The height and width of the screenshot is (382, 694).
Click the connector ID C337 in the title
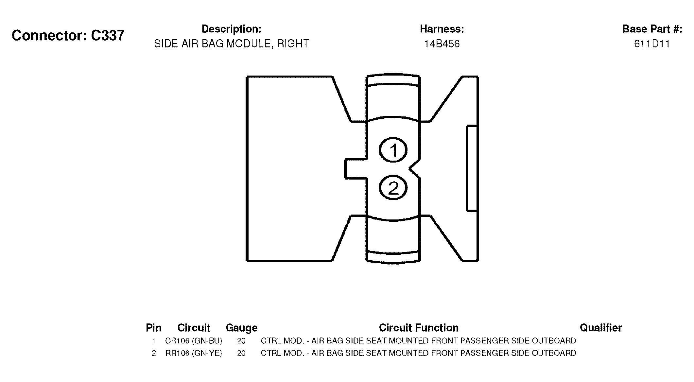point(108,35)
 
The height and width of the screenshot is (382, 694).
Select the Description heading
point(231,29)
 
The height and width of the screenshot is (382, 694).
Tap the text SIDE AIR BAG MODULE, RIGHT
point(231,44)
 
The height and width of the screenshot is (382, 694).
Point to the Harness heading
point(442,29)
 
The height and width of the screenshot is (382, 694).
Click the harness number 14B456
point(442,44)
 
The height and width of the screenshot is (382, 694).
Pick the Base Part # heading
point(652,29)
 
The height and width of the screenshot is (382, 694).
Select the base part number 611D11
point(652,44)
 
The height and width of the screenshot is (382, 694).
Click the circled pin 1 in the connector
point(393,150)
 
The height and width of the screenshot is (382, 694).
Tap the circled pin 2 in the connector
point(393,188)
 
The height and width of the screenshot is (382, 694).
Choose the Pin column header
point(153,328)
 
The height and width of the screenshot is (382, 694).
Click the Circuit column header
point(194,328)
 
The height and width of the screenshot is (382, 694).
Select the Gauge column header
point(241,328)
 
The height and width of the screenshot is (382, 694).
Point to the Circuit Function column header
point(419,328)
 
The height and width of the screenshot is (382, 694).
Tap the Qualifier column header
point(600,328)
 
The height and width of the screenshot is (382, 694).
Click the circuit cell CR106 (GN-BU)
point(194,341)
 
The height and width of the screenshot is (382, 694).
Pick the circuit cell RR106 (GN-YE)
point(194,353)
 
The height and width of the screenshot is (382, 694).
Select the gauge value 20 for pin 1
point(241,341)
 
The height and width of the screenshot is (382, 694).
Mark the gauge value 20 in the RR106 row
point(241,353)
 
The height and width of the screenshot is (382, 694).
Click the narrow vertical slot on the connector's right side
point(472,168)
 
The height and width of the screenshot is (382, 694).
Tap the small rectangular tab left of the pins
point(356,169)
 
